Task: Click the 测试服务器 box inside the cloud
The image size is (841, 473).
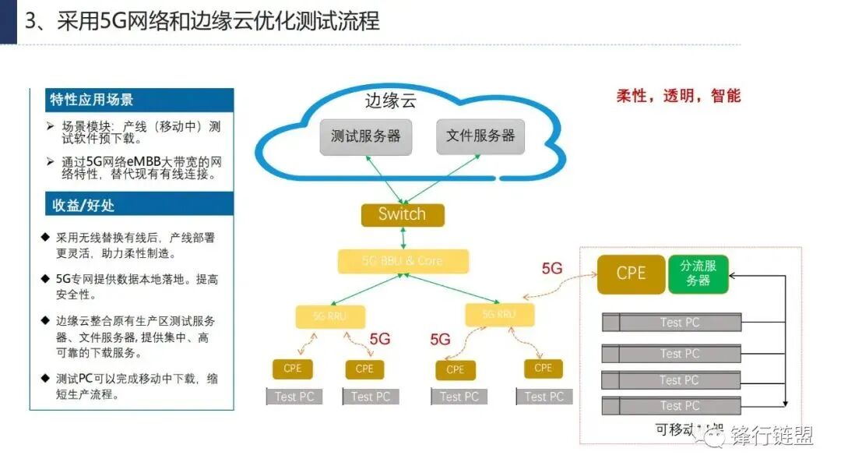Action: tap(365, 136)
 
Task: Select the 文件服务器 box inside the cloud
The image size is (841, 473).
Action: tap(480, 136)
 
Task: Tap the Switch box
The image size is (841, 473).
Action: tap(402, 215)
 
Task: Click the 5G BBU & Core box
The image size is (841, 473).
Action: tap(403, 261)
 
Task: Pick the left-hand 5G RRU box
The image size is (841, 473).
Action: tap(330, 316)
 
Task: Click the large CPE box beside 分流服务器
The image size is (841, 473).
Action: tap(631, 274)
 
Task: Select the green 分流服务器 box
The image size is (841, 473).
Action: tap(698, 274)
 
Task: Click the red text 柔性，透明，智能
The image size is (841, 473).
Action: tap(678, 97)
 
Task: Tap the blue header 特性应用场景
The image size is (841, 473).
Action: tap(92, 100)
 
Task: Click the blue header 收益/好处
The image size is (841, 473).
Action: tap(83, 206)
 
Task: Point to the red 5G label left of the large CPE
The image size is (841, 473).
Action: tap(551, 269)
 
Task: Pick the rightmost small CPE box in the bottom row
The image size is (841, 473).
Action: tap(543, 368)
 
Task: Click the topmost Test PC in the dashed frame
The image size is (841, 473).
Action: tap(680, 323)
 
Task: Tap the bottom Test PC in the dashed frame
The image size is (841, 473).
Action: tap(680, 406)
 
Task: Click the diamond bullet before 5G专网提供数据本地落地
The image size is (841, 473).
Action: tap(45, 278)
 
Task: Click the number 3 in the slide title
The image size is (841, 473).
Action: tap(30, 21)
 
